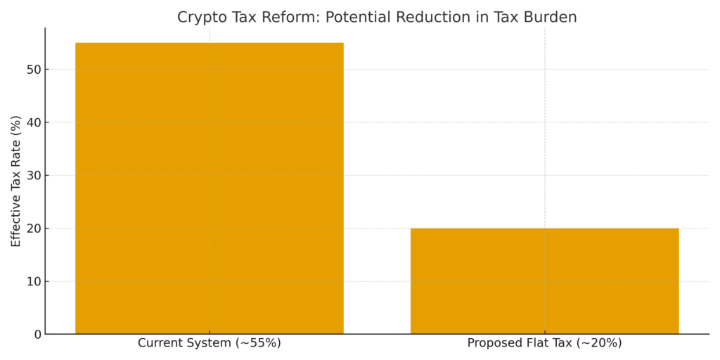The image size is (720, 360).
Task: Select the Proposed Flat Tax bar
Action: (544, 281)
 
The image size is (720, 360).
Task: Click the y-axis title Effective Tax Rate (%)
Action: (15, 181)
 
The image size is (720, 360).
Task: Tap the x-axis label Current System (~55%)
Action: (209, 344)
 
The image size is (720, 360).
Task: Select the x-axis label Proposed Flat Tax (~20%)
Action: (544, 344)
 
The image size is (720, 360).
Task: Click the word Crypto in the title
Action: (198, 18)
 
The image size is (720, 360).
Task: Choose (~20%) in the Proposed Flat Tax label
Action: (598, 344)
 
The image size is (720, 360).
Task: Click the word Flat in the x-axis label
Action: (531, 344)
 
